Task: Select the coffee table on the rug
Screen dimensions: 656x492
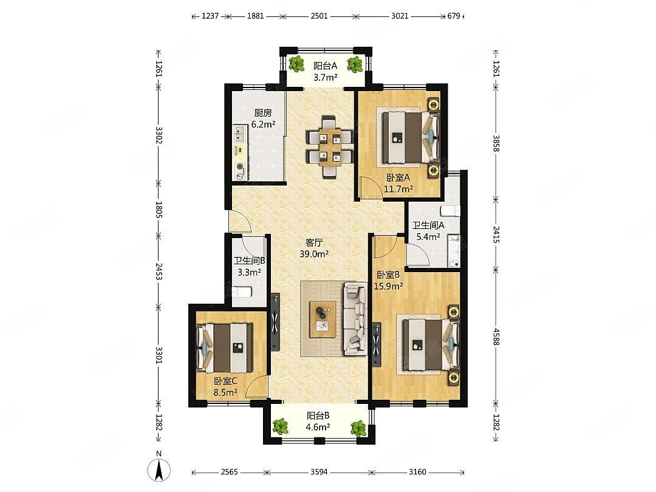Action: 323,319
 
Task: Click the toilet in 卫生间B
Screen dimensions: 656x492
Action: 242,292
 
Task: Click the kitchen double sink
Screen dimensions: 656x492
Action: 240,134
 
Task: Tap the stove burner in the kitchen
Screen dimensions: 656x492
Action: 240,171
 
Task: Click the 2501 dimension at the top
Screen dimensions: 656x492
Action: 319,16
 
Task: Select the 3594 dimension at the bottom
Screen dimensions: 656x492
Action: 319,472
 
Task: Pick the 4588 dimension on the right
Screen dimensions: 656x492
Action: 496,337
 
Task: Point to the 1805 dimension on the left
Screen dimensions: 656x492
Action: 159,209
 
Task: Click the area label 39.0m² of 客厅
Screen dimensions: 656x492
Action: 314,254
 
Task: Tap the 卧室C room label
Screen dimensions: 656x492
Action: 225,381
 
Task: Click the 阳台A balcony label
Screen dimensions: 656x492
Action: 325,66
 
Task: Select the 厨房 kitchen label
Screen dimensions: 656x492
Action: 263,113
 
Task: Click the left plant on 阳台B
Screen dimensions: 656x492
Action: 280,427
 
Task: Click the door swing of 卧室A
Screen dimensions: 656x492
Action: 369,187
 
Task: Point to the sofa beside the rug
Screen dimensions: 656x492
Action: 355,319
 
